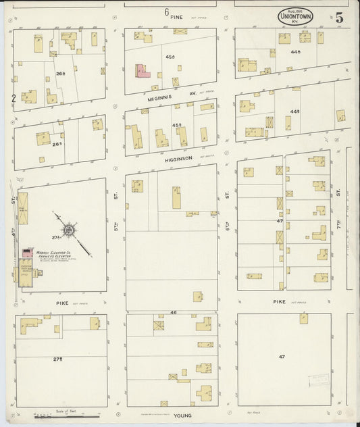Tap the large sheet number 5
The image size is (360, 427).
pos(339,18)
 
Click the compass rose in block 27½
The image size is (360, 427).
pos(68,231)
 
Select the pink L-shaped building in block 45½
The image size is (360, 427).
pos(143,72)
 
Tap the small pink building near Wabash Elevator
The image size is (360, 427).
pos(27,252)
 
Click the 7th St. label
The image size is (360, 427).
pos(338,194)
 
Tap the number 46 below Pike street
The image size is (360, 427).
pos(173,312)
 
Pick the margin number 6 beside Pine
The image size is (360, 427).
pos(165,11)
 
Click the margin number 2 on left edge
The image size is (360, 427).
pos(13,98)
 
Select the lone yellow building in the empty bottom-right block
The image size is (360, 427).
pos(304,318)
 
